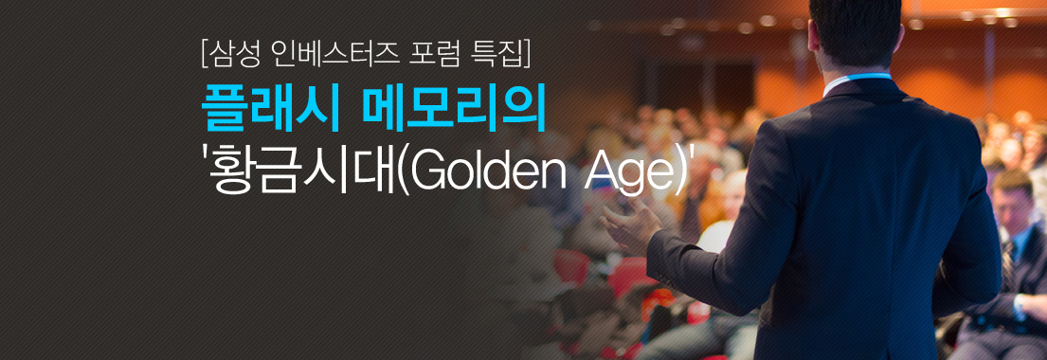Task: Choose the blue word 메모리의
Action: pos(454,111)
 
